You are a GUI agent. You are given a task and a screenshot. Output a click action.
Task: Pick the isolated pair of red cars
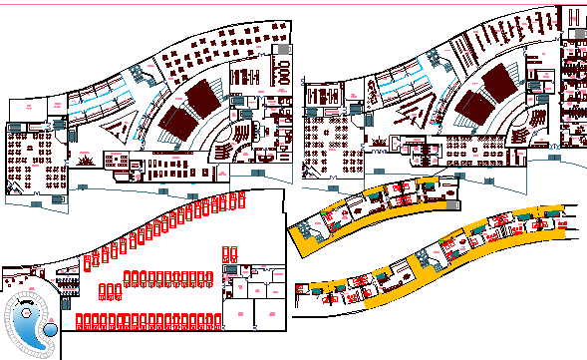[x=229, y=253]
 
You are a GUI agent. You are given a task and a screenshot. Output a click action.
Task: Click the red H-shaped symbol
[x=573, y=17]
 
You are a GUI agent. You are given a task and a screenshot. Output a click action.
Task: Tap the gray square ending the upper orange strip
[x=455, y=204]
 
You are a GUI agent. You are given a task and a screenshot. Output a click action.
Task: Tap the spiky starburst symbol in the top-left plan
[x=86, y=160]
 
